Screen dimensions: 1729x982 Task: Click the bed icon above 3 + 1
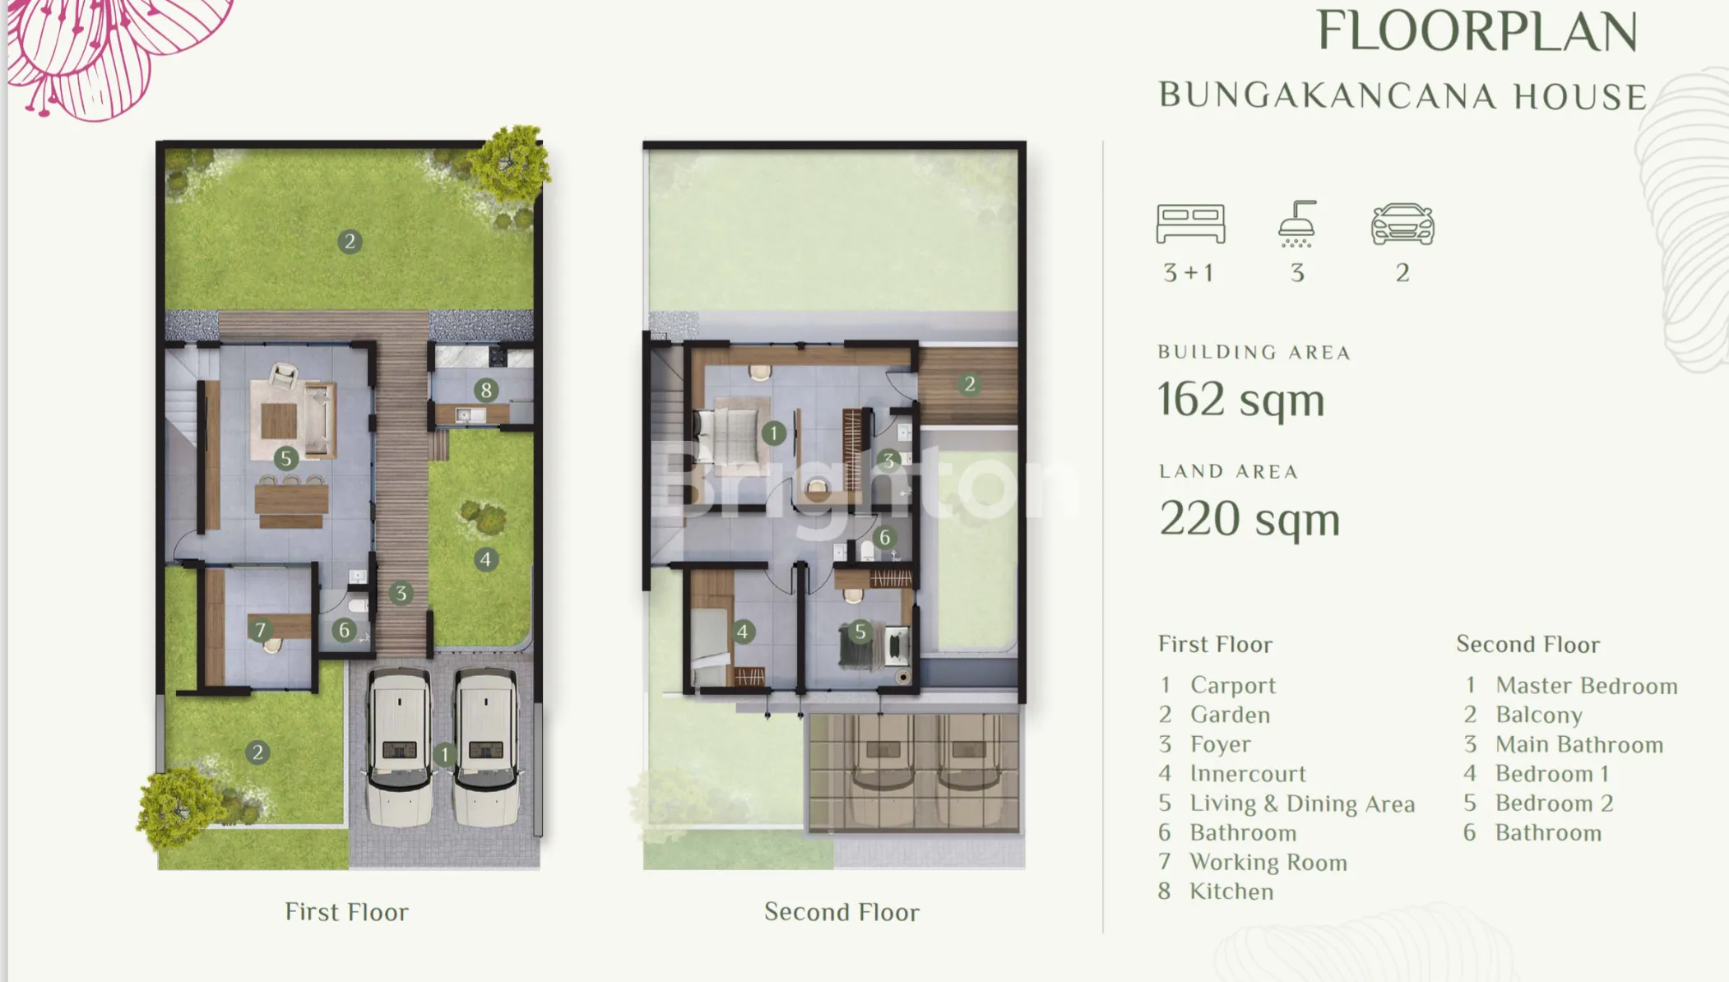(x=1190, y=224)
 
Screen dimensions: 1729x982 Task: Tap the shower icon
(x=1297, y=224)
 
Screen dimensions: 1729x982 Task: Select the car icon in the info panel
(x=1402, y=224)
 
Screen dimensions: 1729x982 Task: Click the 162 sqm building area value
(x=1241, y=401)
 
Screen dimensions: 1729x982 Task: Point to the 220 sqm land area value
(x=1249, y=520)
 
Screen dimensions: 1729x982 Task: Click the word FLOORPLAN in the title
(x=1477, y=31)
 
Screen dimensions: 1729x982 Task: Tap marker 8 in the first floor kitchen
(x=486, y=390)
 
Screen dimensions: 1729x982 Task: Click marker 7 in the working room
(x=261, y=630)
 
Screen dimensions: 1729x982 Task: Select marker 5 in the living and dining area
(x=286, y=458)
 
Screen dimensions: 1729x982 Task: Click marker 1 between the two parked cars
(x=445, y=754)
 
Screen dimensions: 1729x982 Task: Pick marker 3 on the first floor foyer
(x=401, y=593)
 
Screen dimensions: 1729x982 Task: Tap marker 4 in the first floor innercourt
(x=486, y=560)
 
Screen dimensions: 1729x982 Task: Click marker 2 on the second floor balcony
(x=970, y=384)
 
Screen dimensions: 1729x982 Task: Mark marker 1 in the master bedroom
(x=773, y=433)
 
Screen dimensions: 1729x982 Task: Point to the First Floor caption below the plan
(x=346, y=912)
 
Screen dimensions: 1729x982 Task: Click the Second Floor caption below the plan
(x=841, y=912)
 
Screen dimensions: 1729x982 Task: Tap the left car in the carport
(x=399, y=747)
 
